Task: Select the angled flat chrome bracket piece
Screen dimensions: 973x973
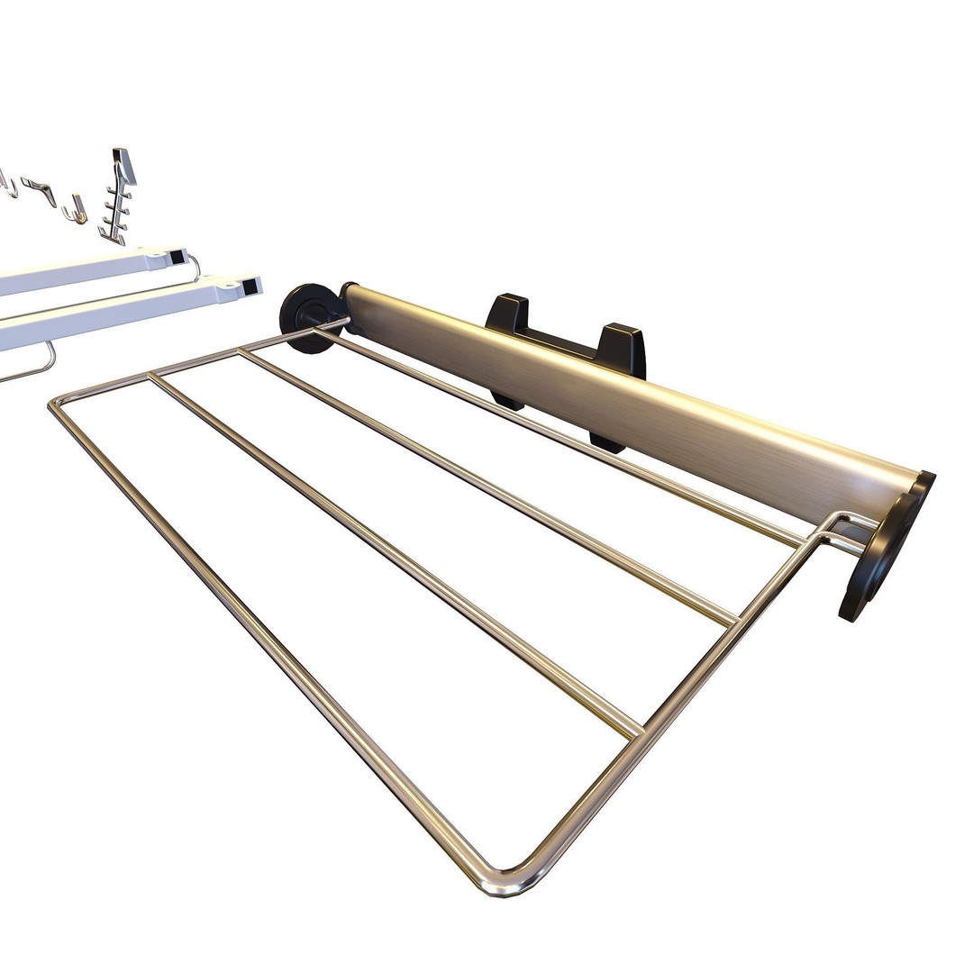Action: click(40, 189)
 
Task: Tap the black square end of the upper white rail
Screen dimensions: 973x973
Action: click(177, 257)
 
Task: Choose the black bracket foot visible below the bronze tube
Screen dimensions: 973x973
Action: click(605, 441)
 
